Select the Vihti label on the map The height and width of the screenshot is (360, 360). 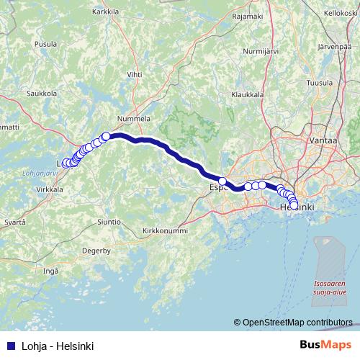tap(135, 73)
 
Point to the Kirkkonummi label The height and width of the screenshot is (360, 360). tap(165, 230)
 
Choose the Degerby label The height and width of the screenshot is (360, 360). tap(95, 251)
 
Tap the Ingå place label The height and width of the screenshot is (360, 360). tap(50, 271)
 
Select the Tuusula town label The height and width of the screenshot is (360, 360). tap(319, 83)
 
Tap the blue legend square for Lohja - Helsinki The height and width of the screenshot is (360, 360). tap(9, 346)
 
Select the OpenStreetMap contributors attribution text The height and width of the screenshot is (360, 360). tap(297, 322)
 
